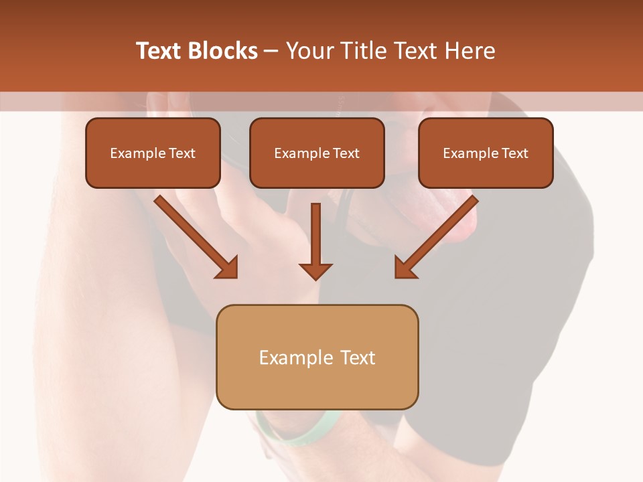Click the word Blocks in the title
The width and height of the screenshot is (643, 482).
coord(223,51)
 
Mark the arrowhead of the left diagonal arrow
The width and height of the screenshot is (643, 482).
coord(228,267)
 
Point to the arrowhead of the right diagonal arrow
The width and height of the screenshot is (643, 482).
coord(405,267)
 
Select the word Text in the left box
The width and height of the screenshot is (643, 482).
coord(182,153)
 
